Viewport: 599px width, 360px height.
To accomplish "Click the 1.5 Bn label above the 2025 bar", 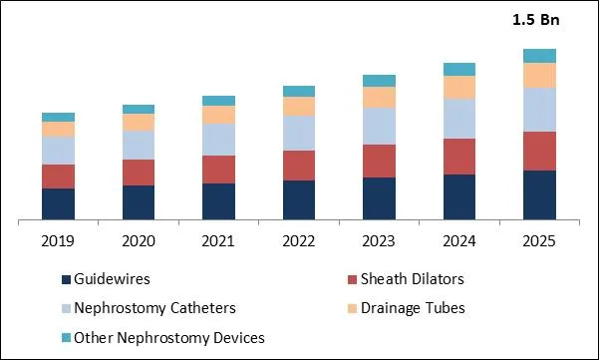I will pyautogui.click(x=535, y=20).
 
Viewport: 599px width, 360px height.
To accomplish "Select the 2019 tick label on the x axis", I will pyautogui.click(x=58, y=241).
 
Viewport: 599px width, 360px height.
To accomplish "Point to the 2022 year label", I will pyautogui.click(x=298, y=241).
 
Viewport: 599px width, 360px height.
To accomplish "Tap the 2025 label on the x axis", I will pyautogui.click(x=539, y=241).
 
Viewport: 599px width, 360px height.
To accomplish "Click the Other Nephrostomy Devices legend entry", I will pyautogui.click(x=169, y=337).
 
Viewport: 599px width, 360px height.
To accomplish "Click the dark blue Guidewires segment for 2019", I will pyautogui.click(x=58, y=202).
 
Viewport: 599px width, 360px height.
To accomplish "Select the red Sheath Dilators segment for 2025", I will pyautogui.click(x=539, y=151).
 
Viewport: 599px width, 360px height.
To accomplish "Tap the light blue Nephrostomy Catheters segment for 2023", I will pyautogui.click(x=379, y=126).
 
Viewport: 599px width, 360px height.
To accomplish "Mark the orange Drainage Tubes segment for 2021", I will pyautogui.click(x=218, y=115).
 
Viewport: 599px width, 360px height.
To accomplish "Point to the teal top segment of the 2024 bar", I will pyautogui.click(x=459, y=69).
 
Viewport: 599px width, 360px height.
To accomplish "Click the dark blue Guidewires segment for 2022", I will pyautogui.click(x=298, y=198).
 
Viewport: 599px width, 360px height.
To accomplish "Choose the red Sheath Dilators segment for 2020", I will pyautogui.click(x=139, y=172).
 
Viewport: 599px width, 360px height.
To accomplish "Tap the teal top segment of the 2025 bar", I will pyautogui.click(x=539, y=55).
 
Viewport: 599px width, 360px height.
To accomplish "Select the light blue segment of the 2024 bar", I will pyautogui.click(x=459, y=119).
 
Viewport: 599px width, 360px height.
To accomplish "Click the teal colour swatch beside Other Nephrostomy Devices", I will pyautogui.click(x=67, y=338).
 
